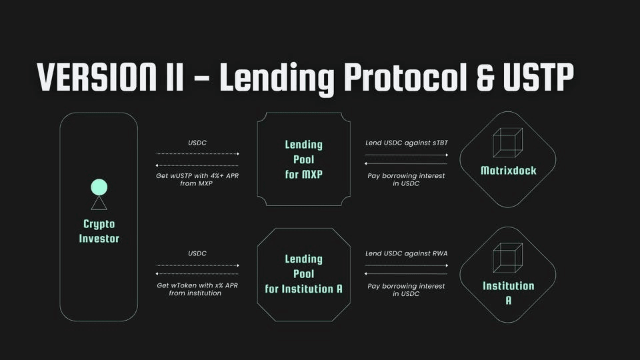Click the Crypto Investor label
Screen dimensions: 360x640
click(99, 231)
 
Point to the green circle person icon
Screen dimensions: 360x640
click(99, 187)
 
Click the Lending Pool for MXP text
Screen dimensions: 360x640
click(303, 159)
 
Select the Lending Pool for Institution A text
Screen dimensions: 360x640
click(303, 274)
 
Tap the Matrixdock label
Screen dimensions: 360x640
click(508, 171)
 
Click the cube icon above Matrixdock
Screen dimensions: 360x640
click(507, 143)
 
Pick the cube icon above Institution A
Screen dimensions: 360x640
click(507, 257)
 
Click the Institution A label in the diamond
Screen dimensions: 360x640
click(508, 293)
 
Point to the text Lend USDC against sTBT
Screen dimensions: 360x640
click(406, 143)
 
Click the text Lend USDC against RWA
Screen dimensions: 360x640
click(406, 254)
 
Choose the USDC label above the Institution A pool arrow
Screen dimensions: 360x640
click(197, 254)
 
